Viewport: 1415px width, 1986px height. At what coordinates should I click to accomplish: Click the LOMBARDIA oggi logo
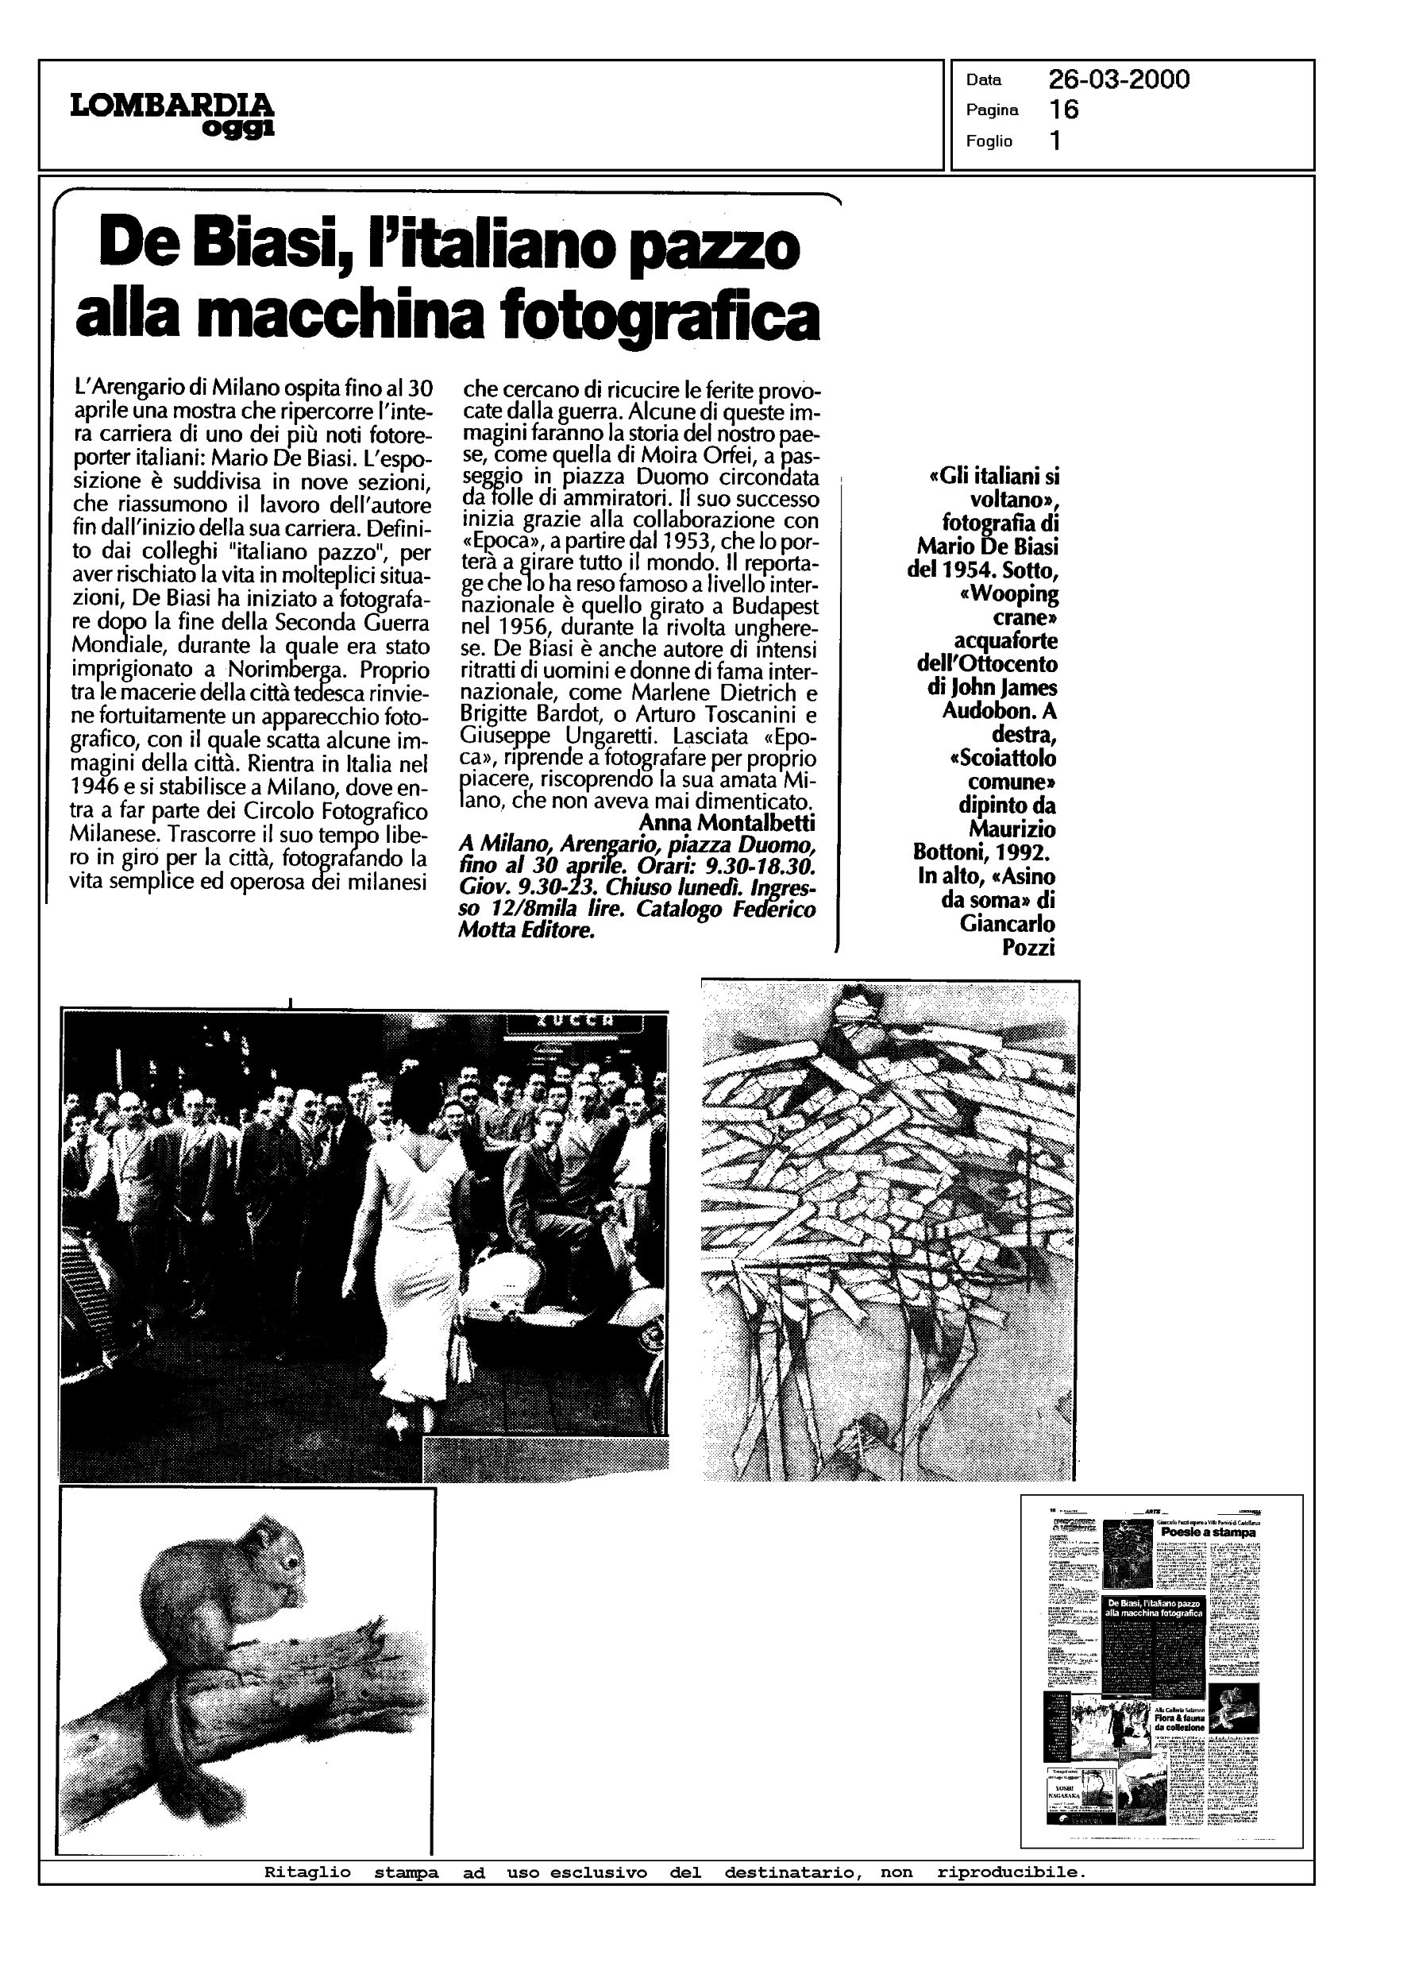[x=172, y=114]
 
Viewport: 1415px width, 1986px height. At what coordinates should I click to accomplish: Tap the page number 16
[x=1064, y=110]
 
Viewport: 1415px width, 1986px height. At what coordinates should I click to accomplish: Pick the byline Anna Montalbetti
[x=727, y=823]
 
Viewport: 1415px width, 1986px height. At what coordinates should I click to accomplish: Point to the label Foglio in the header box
[x=989, y=141]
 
